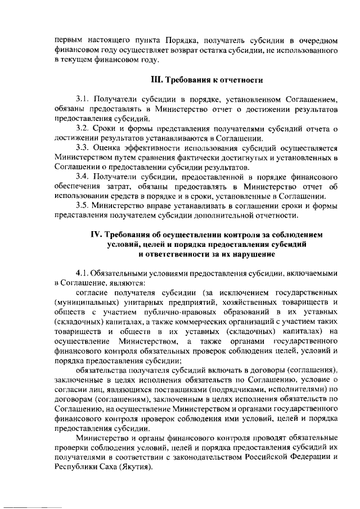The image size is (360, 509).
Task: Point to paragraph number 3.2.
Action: tap(82, 128)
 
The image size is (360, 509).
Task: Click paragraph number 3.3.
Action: tap(82, 148)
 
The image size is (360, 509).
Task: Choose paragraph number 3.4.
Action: tap(82, 177)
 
